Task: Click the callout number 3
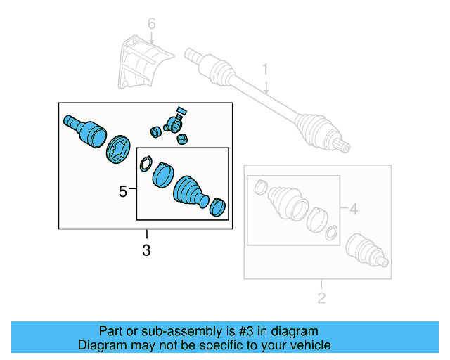pyautogui.click(x=146, y=250)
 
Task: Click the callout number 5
pyautogui.click(x=123, y=191)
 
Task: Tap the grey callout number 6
pyautogui.click(x=150, y=25)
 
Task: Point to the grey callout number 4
pyautogui.click(x=354, y=208)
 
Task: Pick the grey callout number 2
pyautogui.click(x=321, y=298)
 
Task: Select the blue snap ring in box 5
pyautogui.click(x=145, y=165)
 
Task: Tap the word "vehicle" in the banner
pyautogui.click(x=309, y=345)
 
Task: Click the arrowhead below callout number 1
pyautogui.click(x=267, y=91)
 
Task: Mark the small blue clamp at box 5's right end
pyautogui.click(x=219, y=206)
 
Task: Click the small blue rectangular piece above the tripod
pyautogui.click(x=181, y=110)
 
